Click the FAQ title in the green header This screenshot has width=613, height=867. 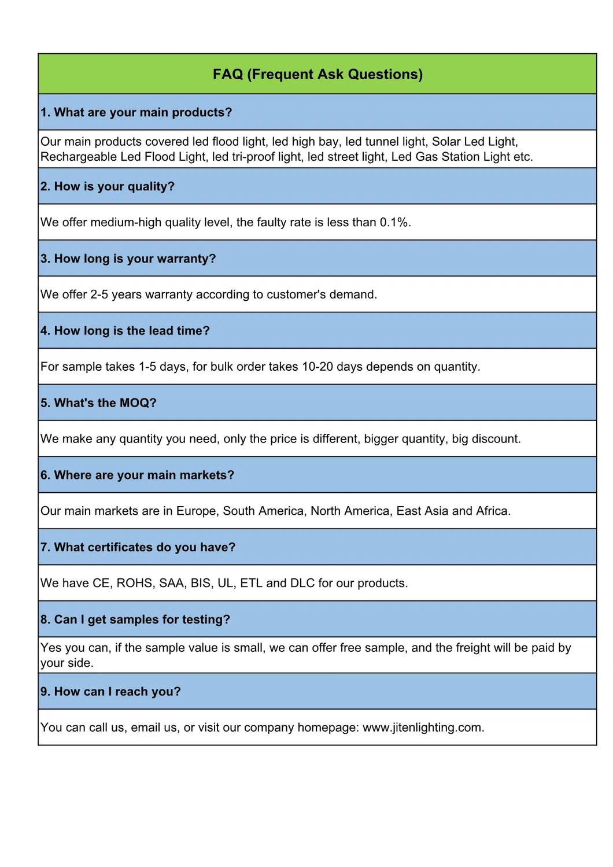point(317,74)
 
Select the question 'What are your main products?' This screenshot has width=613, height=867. point(136,112)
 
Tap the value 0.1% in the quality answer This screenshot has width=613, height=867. point(394,222)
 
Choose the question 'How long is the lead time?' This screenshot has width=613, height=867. point(125,331)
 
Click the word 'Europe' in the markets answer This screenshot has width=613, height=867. point(196,511)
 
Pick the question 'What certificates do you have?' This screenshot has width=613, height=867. point(138,547)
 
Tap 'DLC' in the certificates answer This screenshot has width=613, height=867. point(302,583)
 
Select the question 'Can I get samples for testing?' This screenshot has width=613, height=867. point(135,619)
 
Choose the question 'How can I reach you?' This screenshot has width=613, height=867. point(110,692)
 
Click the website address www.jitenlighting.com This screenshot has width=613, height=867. point(422,728)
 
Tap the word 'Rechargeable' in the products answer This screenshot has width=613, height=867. point(79,157)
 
